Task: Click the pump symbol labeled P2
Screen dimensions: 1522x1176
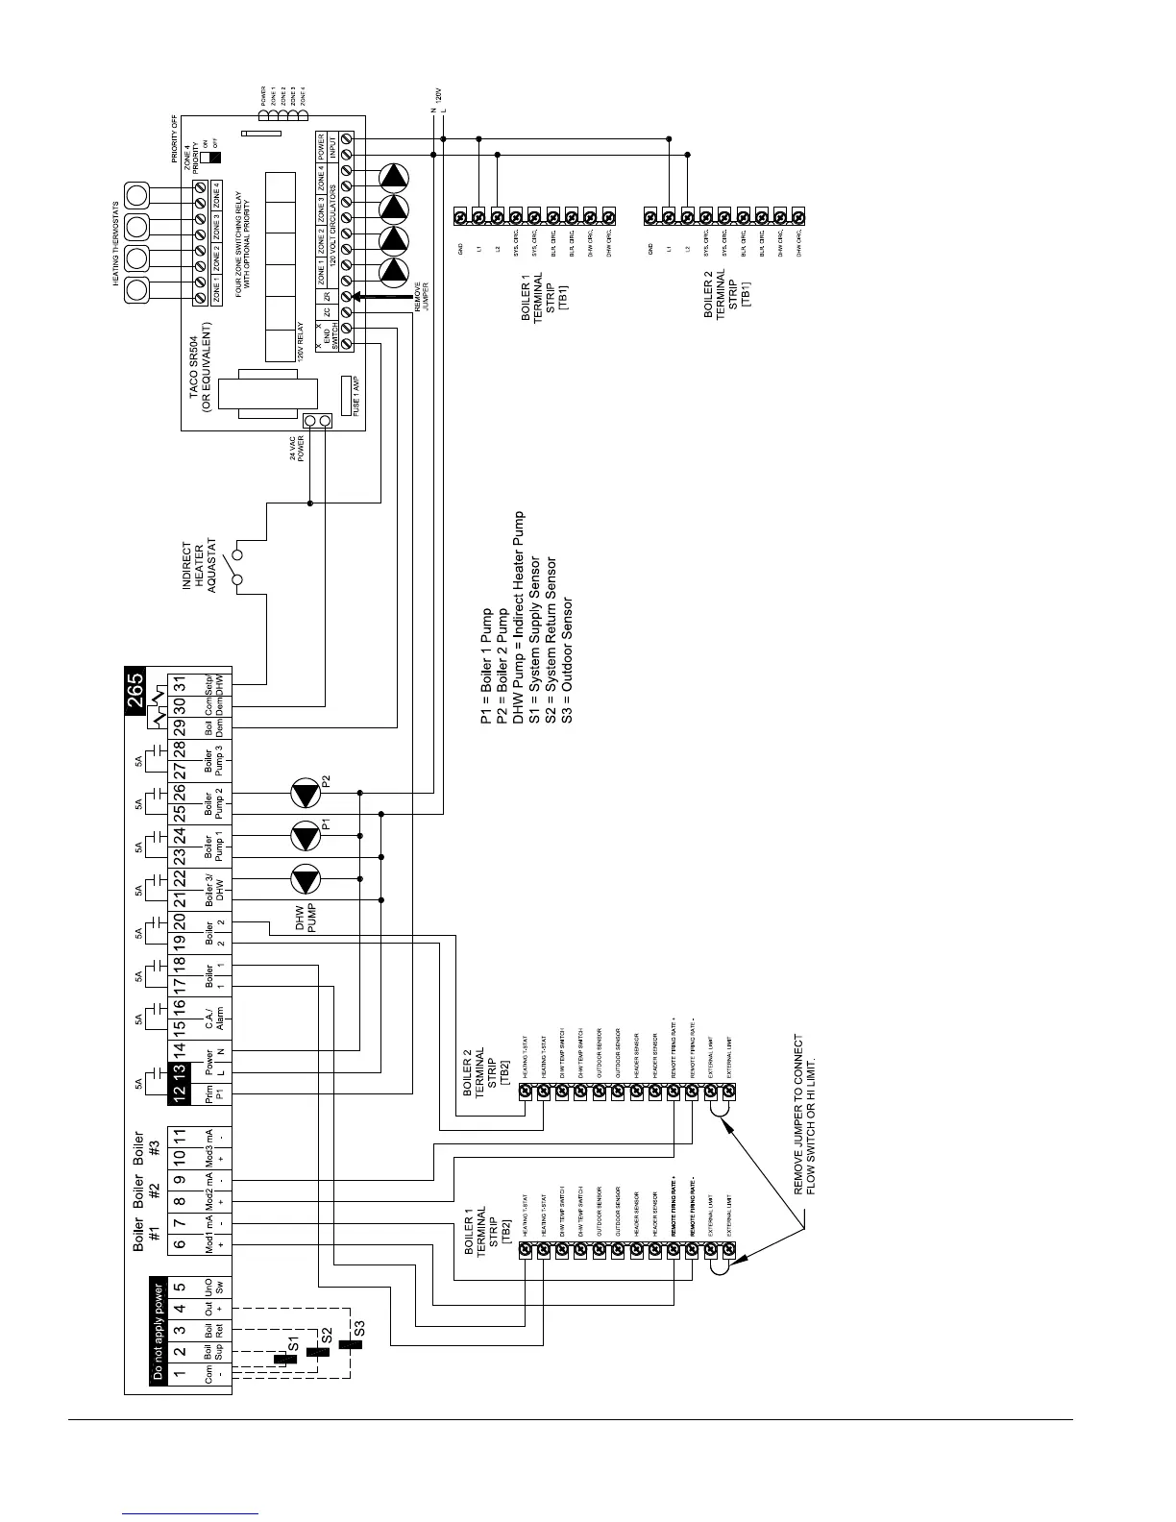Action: click(306, 794)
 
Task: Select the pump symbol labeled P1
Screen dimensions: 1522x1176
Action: click(306, 836)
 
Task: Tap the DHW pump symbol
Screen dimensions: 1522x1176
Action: click(306, 879)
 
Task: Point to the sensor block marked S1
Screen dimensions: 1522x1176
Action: click(284, 1360)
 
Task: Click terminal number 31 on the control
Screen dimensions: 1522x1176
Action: click(180, 690)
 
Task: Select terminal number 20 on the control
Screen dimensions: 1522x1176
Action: click(180, 923)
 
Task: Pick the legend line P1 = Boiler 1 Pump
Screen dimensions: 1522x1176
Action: click(486, 666)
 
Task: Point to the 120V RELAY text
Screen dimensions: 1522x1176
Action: click(300, 342)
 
